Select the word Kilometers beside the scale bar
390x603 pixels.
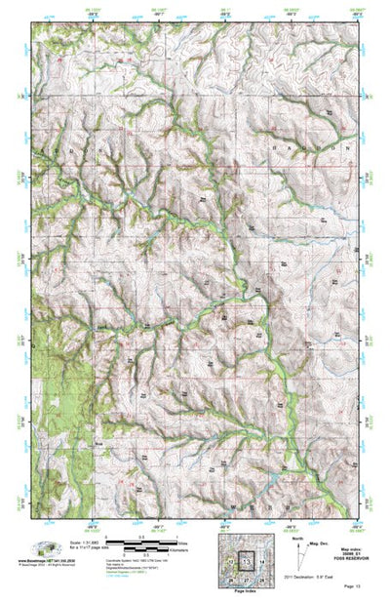(x=208, y=550)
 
